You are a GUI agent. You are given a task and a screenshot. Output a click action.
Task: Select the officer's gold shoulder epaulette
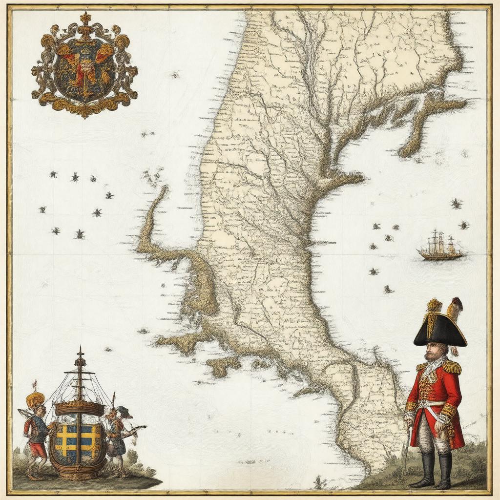tap(452, 366)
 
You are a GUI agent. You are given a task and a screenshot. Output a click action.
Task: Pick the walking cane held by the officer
tap(405, 449)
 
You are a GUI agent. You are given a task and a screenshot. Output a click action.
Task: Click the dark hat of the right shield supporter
tap(125, 411)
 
